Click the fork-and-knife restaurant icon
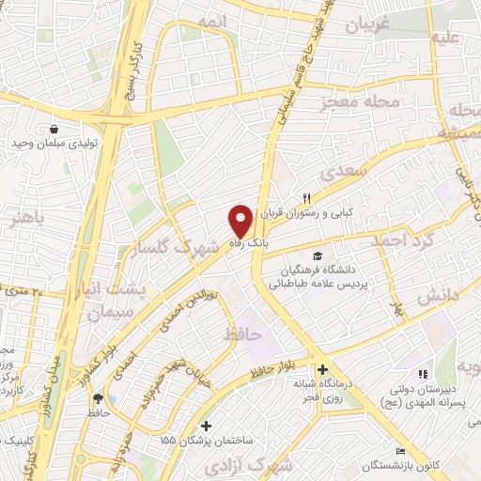[305, 196]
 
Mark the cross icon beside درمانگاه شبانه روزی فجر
[322, 370]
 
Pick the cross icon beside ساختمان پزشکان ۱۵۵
[206, 426]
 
